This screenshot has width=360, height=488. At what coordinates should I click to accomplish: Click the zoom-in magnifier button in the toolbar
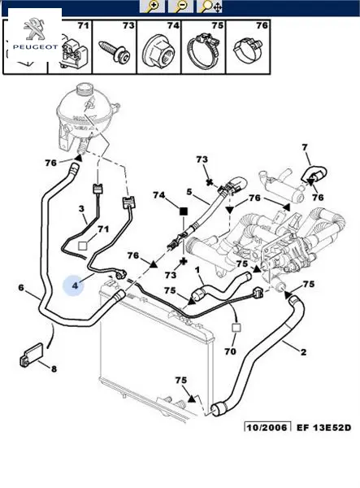pos(152,7)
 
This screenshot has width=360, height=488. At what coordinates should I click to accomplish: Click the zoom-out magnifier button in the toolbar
pos(180,7)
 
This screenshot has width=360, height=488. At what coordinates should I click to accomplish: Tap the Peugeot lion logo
pos(34,29)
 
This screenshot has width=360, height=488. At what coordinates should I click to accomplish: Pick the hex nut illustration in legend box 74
pos(158,50)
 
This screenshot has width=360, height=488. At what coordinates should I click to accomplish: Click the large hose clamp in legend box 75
pos(202,50)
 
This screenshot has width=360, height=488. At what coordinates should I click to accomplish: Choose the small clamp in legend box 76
pos(248,49)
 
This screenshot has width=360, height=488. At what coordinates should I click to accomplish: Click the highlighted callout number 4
pos(75,285)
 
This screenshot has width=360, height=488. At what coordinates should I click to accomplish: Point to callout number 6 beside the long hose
pos(21,287)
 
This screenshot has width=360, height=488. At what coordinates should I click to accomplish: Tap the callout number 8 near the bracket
pos(54,368)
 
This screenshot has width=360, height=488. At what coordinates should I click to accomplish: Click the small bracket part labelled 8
pos(32,355)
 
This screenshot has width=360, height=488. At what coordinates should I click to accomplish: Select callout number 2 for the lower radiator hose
pos(304,352)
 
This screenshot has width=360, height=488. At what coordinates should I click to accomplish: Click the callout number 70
pos(230,351)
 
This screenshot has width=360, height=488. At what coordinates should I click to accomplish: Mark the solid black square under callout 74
pos(184,211)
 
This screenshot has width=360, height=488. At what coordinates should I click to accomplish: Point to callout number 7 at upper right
pos(305,147)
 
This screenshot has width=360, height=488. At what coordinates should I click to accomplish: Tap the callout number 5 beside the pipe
pos(189,192)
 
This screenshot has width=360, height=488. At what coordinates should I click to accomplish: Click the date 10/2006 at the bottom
pos(267,427)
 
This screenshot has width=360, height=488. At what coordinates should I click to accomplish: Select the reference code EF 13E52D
pos(323,427)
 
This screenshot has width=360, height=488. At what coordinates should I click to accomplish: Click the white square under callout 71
pos(82,246)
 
